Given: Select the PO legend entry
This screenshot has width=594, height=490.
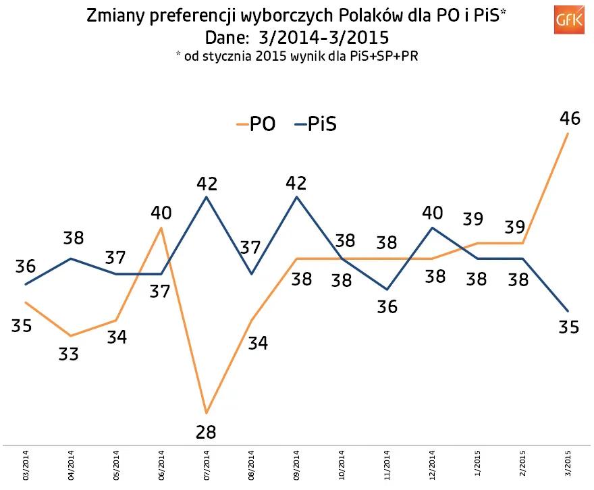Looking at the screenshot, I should point(255,124).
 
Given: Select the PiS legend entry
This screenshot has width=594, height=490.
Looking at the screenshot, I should point(315,124).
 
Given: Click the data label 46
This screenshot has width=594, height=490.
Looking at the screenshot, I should point(570,119).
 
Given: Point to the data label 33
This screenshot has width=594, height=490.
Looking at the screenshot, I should point(70,354).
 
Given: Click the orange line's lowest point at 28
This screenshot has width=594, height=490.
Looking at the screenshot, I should point(206,412).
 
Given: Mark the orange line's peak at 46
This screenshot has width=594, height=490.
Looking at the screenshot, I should point(568,134).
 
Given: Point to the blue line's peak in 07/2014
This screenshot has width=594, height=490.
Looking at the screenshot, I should point(206,196).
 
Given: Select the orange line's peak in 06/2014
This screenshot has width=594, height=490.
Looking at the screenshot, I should point(161,227).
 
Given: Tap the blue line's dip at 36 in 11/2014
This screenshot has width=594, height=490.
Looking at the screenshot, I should point(387,290).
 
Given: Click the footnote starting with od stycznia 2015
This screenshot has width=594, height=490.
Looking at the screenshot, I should point(298,56).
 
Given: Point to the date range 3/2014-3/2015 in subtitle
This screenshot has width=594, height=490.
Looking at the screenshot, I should point(323,37).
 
